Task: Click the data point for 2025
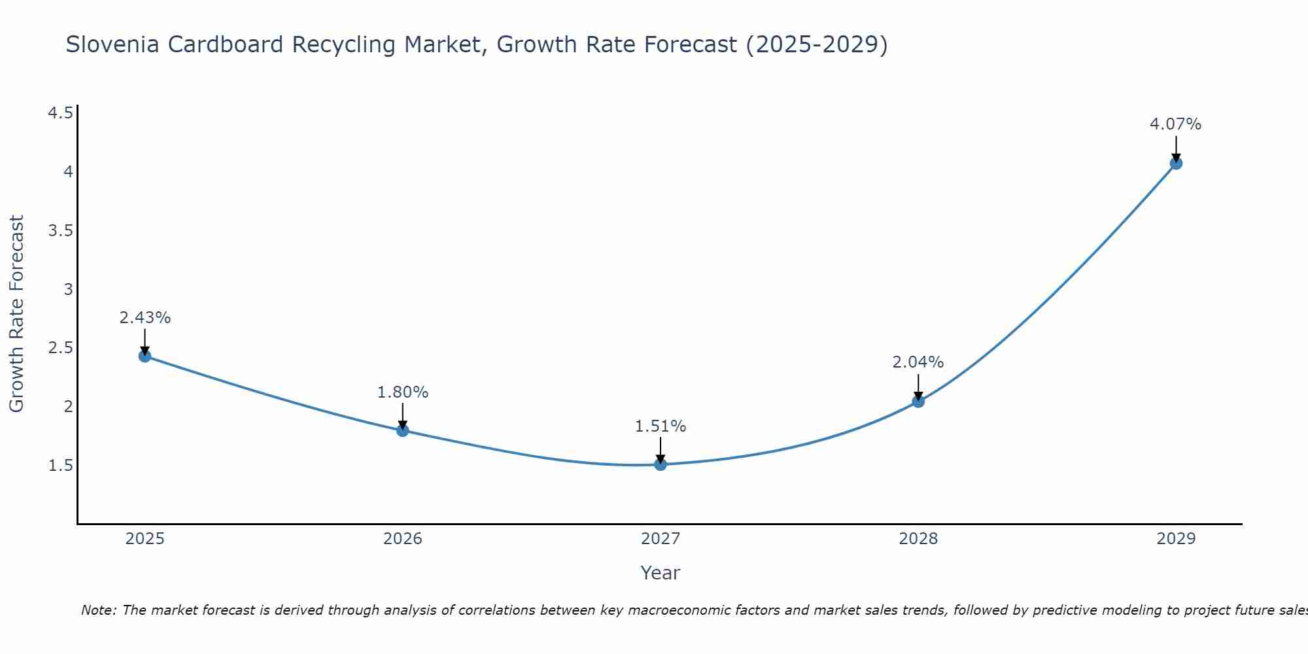[x=145, y=356]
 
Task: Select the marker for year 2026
[x=402, y=430]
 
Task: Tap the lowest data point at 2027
[x=660, y=464]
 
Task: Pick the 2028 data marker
[x=918, y=402]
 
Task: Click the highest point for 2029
[x=1175, y=163]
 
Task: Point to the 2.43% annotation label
[x=145, y=318]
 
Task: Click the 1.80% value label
[x=402, y=392]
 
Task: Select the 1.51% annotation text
[x=660, y=426]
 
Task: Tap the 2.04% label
[x=918, y=362]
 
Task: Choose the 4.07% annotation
[x=1175, y=124]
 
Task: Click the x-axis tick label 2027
[x=660, y=539]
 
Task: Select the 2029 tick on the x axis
[x=1175, y=539]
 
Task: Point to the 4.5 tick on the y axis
[x=60, y=114]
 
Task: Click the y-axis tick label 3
[x=68, y=289]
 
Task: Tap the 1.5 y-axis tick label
[x=60, y=466]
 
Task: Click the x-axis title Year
[x=660, y=573]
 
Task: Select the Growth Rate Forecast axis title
[x=16, y=314]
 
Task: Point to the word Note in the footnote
[x=98, y=610]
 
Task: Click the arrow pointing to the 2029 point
[x=1175, y=148]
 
